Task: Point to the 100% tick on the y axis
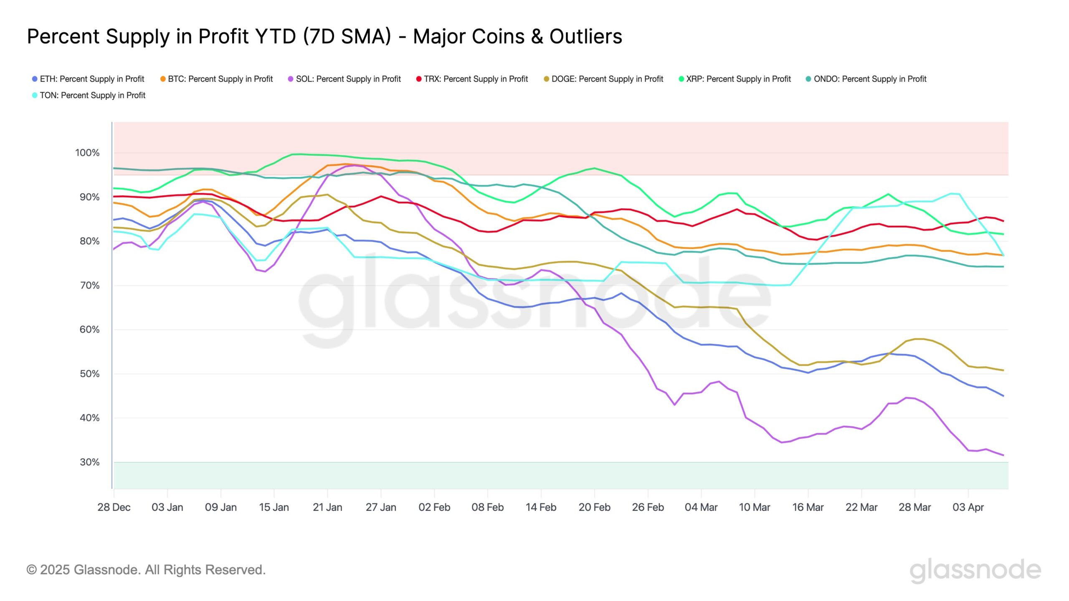tap(87, 153)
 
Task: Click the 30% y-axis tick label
tap(89, 462)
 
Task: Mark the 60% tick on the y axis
tap(89, 330)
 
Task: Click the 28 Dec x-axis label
tap(114, 508)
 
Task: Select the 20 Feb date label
tap(594, 508)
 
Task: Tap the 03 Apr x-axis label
tap(968, 508)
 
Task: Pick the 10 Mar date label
tap(755, 508)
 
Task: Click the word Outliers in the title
tap(585, 36)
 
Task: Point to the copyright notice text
tap(146, 570)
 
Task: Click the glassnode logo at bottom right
tap(975, 570)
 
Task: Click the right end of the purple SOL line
tap(1003, 455)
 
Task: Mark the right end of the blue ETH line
tap(1003, 396)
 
